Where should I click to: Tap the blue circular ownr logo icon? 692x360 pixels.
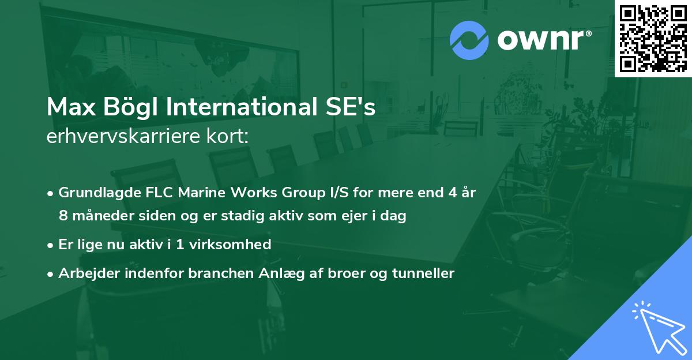469,40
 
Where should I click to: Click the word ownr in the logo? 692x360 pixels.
542,40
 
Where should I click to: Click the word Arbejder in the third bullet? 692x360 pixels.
85,273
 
